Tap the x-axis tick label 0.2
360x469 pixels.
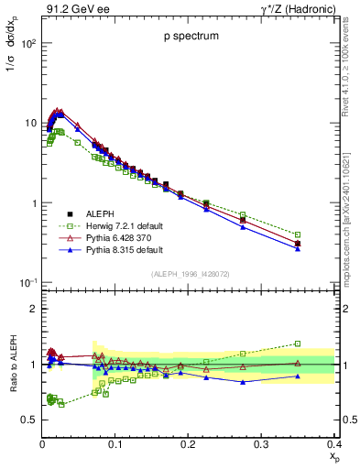[188, 444]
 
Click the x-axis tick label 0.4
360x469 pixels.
[333, 444]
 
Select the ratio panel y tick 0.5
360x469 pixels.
[30, 420]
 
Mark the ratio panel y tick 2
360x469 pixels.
[33, 309]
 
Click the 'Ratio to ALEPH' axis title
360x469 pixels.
[13, 364]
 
